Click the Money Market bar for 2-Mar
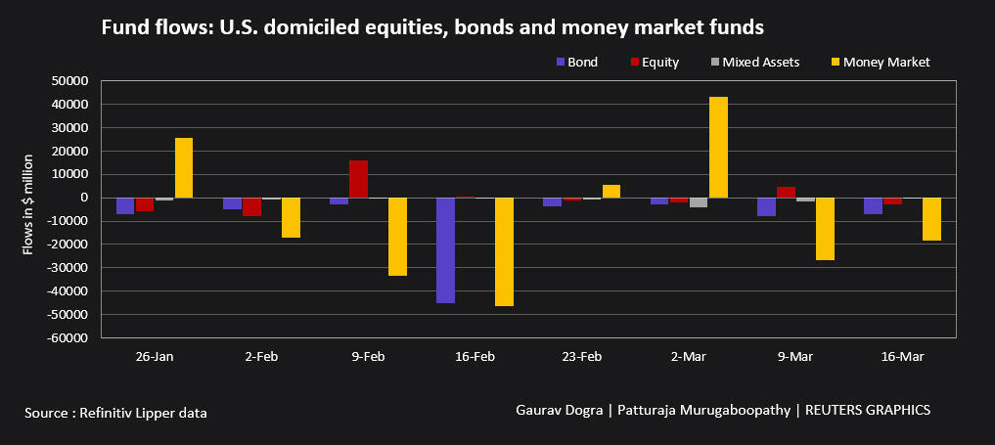click(718, 148)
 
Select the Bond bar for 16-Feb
click(445, 250)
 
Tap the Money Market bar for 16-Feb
click(504, 252)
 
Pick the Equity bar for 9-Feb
click(358, 179)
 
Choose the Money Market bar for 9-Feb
click(397, 237)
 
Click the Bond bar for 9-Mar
click(766, 206)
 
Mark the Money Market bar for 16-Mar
click(931, 219)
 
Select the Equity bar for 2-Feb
click(251, 206)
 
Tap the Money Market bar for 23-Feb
click(611, 192)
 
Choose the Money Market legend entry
click(881, 62)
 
